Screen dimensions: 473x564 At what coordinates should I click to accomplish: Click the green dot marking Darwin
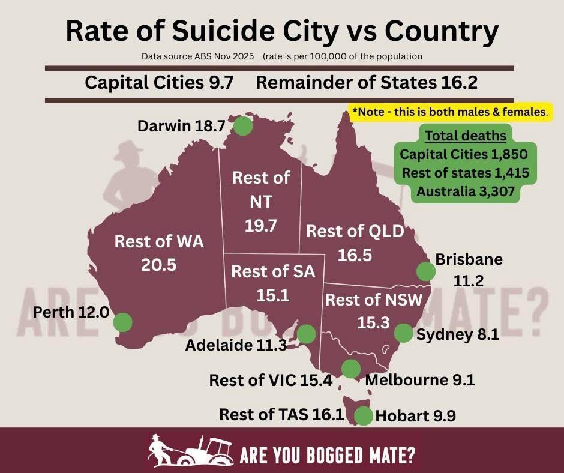[x=242, y=127]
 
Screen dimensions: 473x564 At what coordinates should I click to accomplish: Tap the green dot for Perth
[x=122, y=322]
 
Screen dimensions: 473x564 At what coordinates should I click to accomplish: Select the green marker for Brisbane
[x=425, y=271]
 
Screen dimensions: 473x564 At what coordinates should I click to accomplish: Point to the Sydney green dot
[x=403, y=333]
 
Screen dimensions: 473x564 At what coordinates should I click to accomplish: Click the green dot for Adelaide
[x=306, y=334]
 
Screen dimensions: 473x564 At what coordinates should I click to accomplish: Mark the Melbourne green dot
[x=350, y=368]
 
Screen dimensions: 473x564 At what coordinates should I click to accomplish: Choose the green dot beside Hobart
[x=362, y=415]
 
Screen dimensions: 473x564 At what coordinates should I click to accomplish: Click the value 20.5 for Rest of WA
[x=159, y=264]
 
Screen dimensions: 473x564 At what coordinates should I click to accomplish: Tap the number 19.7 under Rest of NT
[x=261, y=226]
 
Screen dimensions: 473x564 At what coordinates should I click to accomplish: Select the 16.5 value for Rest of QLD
[x=355, y=255]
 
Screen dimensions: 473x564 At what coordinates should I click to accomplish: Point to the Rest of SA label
[x=273, y=271]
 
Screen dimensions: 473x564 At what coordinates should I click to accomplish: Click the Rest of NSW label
[x=374, y=299]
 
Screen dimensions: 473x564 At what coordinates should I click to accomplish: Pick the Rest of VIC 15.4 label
[x=271, y=380]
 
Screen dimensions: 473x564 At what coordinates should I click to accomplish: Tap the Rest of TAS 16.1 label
[x=281, y=415]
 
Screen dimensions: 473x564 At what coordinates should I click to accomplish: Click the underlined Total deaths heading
[x=465, y=136]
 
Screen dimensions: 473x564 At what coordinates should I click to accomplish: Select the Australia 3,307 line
[x=466, y=192]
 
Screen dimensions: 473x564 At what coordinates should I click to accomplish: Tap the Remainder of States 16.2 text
[x=367, y=82]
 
